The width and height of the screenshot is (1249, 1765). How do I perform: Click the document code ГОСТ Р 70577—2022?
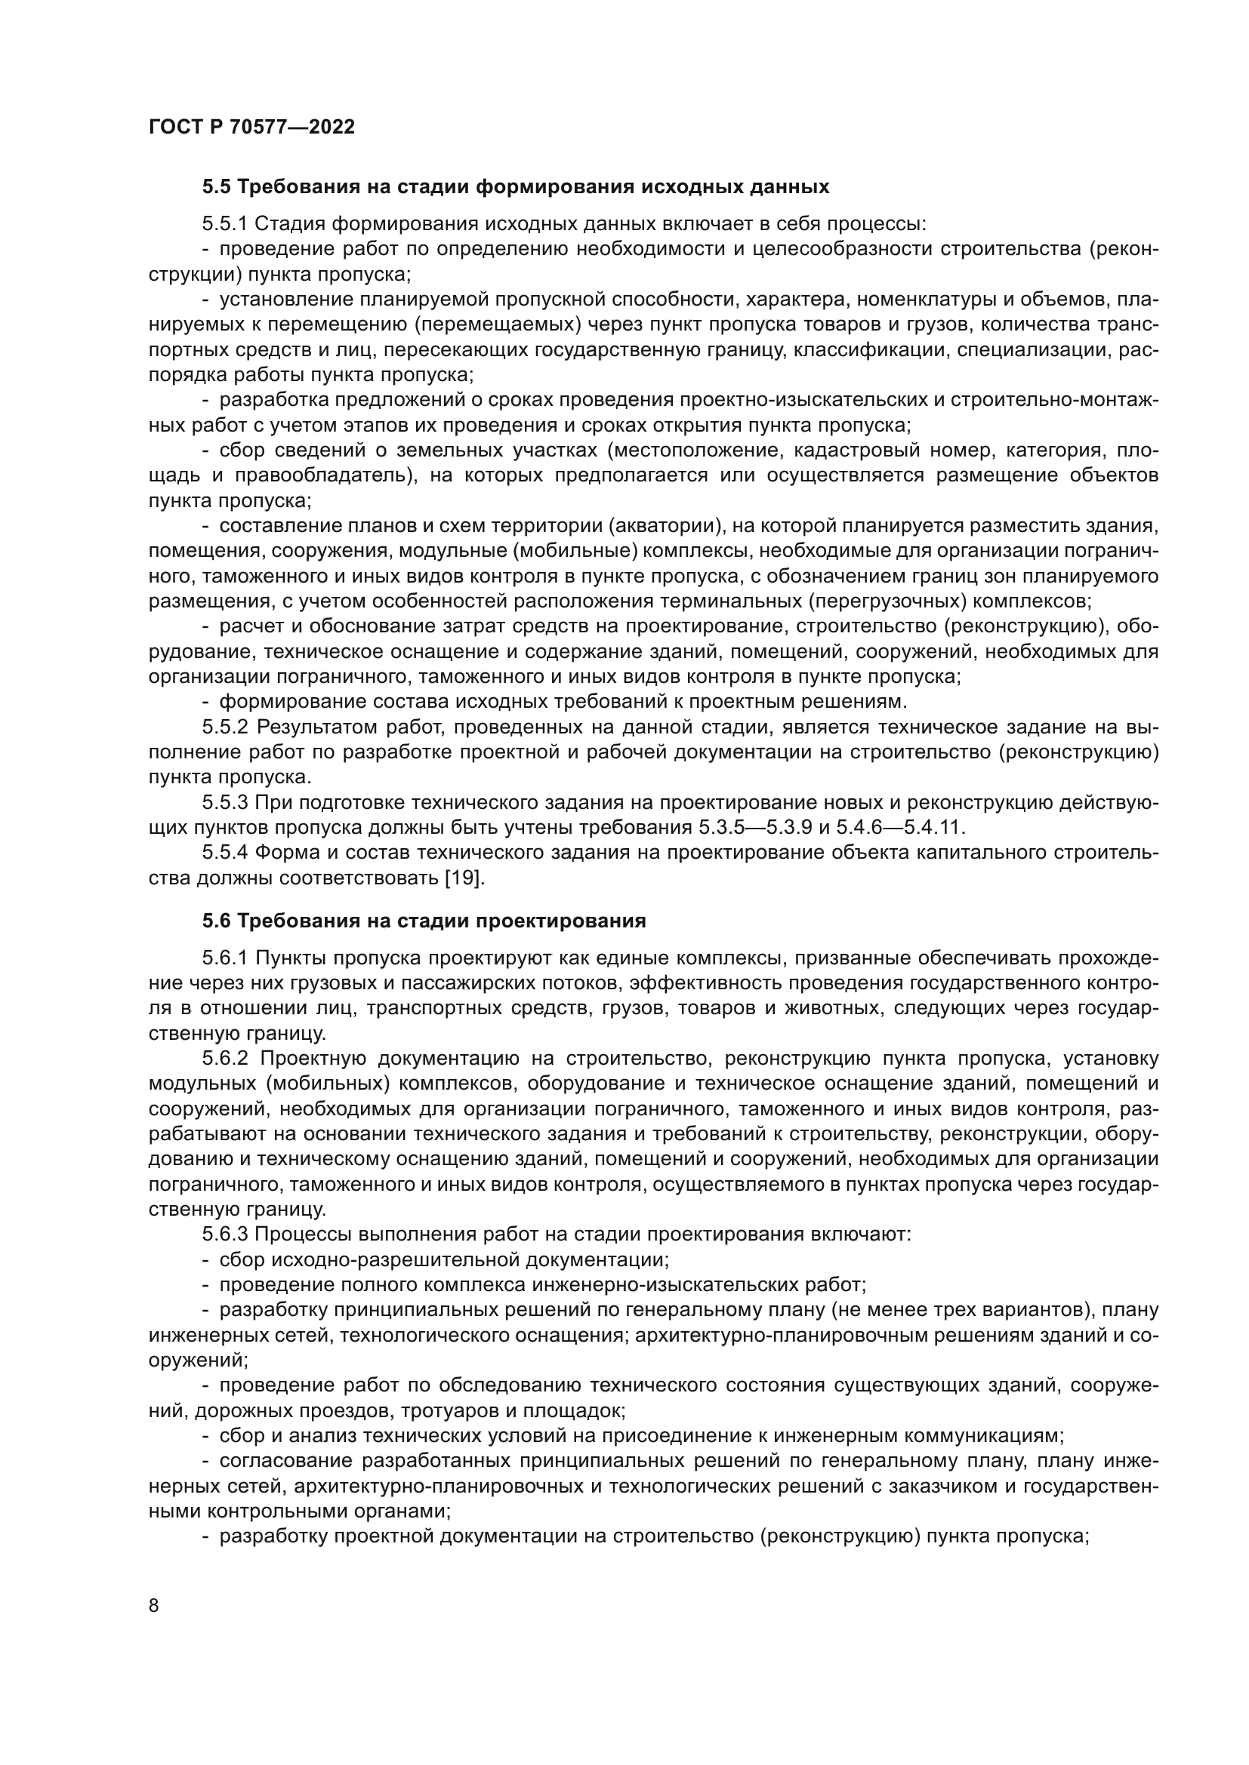251,127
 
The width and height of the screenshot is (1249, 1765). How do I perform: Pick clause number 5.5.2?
225,727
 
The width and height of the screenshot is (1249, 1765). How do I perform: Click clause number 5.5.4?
225,853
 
